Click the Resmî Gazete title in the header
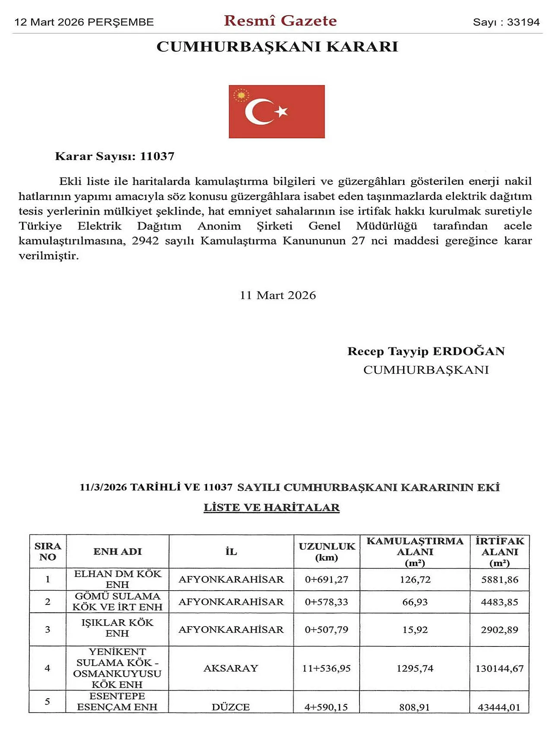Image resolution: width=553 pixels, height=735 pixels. [x=280, y=21]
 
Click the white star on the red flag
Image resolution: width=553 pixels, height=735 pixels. [x=281, y=111]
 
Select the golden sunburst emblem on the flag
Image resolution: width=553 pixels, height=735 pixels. [x=241, y=95]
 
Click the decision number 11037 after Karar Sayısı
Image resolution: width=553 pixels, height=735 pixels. [x=157, y=156]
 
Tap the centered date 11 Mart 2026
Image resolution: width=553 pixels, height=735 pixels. [x=278, y=296]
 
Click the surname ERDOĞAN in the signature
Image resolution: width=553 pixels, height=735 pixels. [x=468, y=351]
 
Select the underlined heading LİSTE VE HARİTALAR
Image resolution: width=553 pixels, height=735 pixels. [x=271, y=507]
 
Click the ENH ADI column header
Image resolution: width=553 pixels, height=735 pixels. [x=118, y=551]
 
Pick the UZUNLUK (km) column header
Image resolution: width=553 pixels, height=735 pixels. [x=327, y=552]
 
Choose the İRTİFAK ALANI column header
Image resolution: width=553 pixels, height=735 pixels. [x=499, y=552]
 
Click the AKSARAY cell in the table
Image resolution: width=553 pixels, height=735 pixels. [x=231, y=668]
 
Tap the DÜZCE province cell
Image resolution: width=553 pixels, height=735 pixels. [x=231, y=707]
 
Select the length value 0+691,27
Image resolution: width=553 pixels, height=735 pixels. [x=327, y=579]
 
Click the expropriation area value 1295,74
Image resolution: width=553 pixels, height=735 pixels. [x=415, y=668]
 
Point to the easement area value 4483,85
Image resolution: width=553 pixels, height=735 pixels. [x=499, y=602]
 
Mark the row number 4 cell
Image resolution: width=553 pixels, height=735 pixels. [x=48, y=668]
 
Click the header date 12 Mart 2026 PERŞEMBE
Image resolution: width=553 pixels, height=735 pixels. [x=84, y=22]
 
